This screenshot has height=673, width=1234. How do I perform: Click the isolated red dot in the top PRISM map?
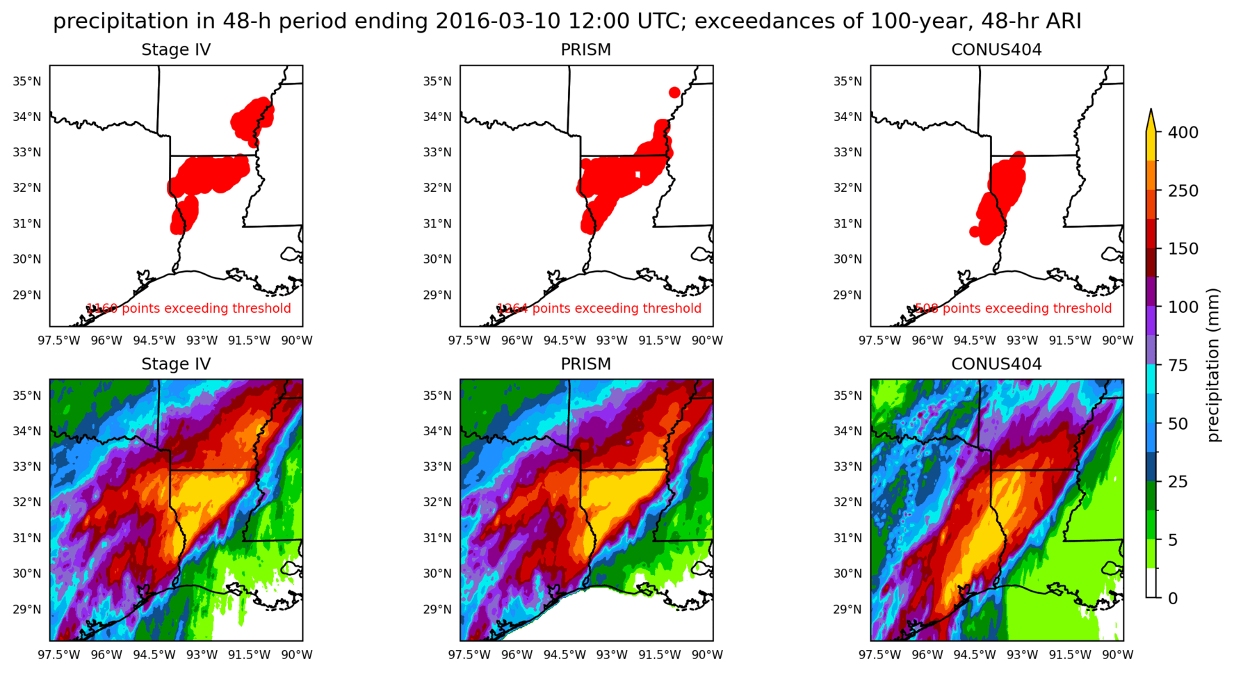pyautogui.click(x=674, y=92)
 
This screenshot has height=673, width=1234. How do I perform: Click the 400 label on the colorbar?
pyautogui.click(x=1183, y=132)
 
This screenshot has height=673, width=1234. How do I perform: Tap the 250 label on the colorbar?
pyautogui.click(x=1183, y=190)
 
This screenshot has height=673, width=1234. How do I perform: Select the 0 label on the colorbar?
pyautogui.click(x=1173, y=598)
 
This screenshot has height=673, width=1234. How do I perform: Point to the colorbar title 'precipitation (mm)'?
pyautogui.click(x=1213, y=365)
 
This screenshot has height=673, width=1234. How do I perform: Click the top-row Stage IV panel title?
pyautogui.click(x=176, y=50)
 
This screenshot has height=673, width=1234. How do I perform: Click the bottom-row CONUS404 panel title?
pyautogui.click(x=996, y=364)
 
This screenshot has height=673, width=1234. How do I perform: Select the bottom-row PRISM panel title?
pyautogui.click(x=585, y=364)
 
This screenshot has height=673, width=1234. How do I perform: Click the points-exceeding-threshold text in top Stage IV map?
pyautogui.click(x=188, y=308)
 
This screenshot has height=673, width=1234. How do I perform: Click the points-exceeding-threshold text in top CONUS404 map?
pyautogui.click(x=1013, y=308)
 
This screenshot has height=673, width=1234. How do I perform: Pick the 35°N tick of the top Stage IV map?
pyautogui.click(x=27, y=81)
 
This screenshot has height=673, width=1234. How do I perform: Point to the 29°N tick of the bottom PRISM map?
pyautogui.click(x=437, y=610)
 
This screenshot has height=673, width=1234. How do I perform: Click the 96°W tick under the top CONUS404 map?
pyautogui.click(x=927, y=341)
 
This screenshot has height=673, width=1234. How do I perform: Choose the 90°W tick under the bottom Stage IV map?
pyautogui.click(x=296, y=655)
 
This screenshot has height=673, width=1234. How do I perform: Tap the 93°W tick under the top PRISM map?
pyautogui.click(x=612, y=341)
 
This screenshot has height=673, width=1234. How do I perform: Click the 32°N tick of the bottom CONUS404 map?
pyautogui.click(x=847, y=502)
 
